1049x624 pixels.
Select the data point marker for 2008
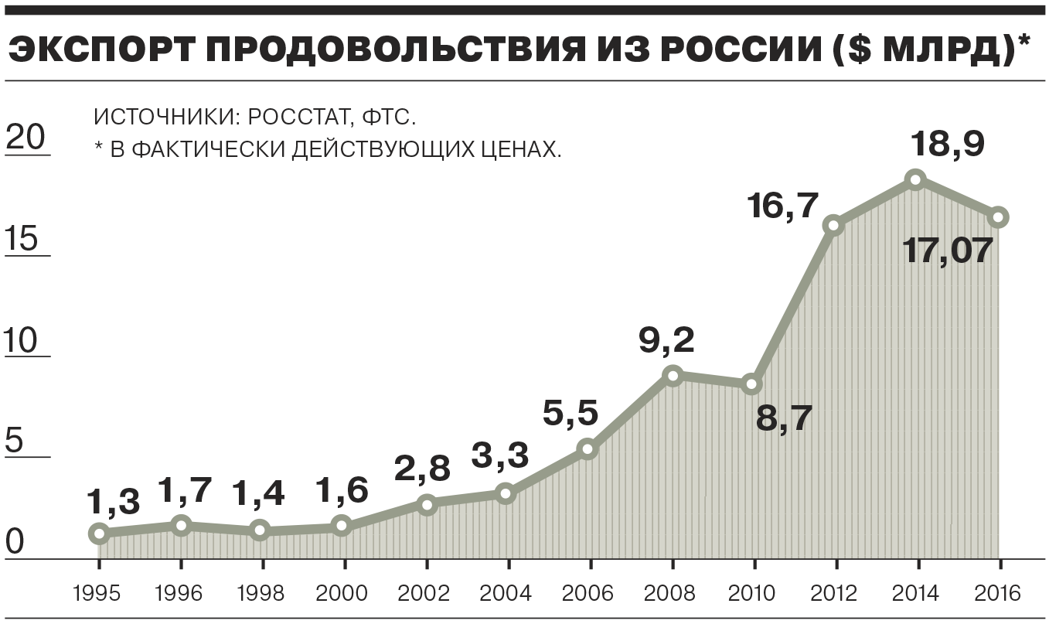point(673,376)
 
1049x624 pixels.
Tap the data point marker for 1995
point(98,533)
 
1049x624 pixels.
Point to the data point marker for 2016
point(998,217)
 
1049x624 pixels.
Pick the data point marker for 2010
point(751,384)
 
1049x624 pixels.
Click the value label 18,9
point(947,144)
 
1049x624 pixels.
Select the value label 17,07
point(947,251)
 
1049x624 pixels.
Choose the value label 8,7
point(784,418)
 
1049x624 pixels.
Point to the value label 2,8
point(422,469)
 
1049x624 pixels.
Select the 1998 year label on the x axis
point(261,594)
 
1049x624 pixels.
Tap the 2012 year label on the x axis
point(834,594)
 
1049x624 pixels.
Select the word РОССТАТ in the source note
point(288,118)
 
